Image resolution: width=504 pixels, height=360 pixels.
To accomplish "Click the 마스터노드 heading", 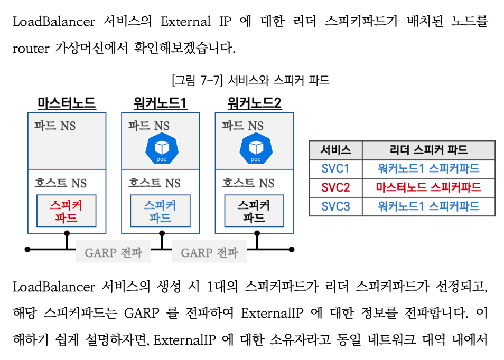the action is (x=67, y=103).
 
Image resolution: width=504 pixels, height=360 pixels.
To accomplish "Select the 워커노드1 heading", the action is (x=161, y=103).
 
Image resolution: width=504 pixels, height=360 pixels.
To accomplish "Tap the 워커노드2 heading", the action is (x=254, y=103).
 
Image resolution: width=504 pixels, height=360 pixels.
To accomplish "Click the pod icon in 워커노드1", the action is (x=162, y=149).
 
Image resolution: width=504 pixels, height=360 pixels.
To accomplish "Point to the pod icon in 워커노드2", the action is (x=256, y=149).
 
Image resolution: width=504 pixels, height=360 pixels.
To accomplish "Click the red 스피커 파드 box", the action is (x=66, y=211).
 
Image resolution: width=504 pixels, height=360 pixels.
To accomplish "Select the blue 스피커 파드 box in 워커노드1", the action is (x=160, y=211).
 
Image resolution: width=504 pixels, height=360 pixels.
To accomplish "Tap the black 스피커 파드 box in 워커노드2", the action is (x=254, y=211).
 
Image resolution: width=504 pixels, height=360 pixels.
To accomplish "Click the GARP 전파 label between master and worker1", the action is (x=114, y=252).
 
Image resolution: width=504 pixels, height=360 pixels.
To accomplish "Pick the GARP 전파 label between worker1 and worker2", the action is (x=210, y=252).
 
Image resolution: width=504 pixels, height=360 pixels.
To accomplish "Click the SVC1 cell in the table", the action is (x=335, y=169).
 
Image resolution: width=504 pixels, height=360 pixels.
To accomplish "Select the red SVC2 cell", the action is (x=335, y=187).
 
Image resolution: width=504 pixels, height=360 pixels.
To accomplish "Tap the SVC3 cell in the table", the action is (x=335, y=206).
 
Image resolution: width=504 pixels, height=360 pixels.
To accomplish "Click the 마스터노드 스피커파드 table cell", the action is (x=428, y=187).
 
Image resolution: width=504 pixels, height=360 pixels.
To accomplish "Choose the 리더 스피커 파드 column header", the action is (x=428, y=150).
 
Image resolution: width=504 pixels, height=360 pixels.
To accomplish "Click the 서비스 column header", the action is (x=335, y=150).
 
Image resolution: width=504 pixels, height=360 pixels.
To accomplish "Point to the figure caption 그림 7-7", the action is (x=251, y=80).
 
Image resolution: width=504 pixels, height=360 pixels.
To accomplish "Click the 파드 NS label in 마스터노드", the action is (x=55, y=126).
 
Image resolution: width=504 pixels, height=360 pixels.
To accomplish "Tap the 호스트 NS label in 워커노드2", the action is (x=248, y=183).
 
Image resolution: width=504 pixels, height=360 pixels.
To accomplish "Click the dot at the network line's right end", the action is (x=292, y=249).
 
